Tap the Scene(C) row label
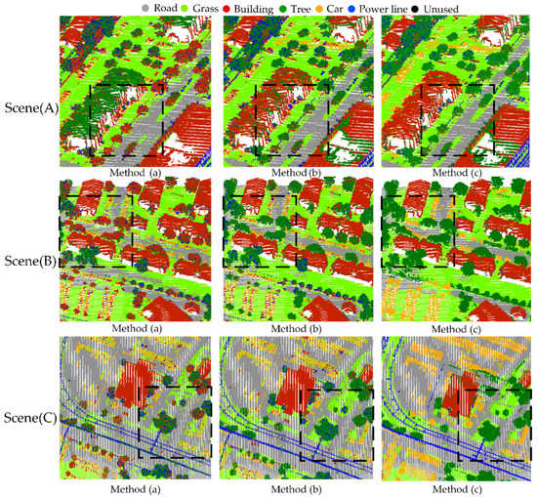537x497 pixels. pos(28,400)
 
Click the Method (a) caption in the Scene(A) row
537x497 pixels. pos(134,172)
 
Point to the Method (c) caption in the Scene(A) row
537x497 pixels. pos(457,172)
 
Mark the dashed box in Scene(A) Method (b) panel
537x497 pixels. pos(291,120)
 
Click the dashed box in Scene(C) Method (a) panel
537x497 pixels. pos(175,422)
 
